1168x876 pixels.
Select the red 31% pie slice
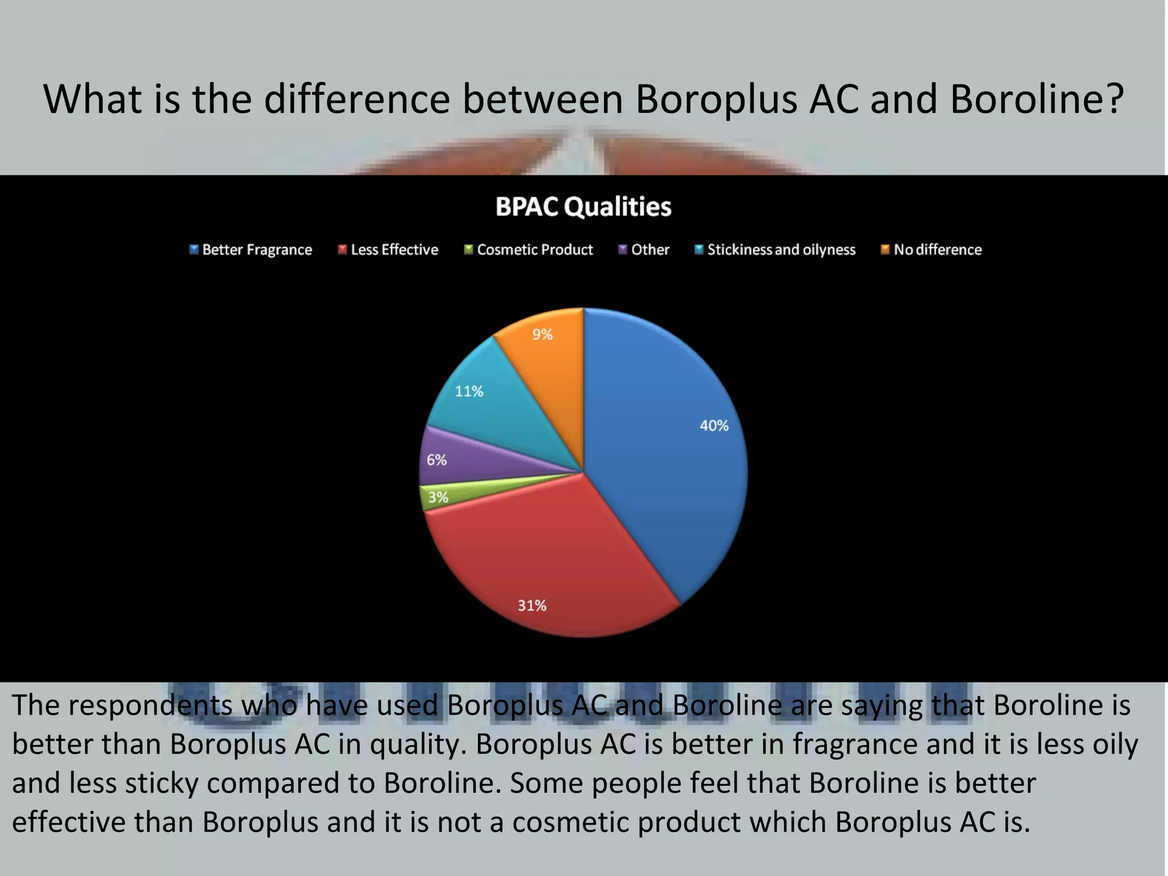(x=547, y=559)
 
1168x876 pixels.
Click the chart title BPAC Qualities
(x=583, y=206)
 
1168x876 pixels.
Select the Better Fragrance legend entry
(x=251, y=250)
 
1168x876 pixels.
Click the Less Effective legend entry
(x=388, y=250)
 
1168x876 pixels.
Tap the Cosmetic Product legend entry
(x=529, y=250)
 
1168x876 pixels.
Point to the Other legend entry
(x=644, y=250)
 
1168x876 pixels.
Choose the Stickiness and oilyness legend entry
(x=775, y=250)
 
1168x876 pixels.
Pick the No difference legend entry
(x=931, y=250)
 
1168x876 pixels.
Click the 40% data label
(x=714, y=425)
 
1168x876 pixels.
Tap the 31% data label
(x=532, y=605)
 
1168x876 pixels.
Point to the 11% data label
(x=469, y=391)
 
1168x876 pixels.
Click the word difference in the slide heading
(x=357, y=99)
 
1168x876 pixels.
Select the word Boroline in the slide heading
(x=1036, y=99)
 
